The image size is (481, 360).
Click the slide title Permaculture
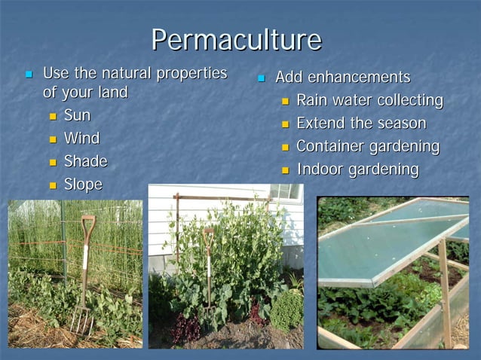[x=236, y=39]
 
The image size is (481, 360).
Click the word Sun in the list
[x=77, y=116]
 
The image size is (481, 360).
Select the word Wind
[x=81, y=139]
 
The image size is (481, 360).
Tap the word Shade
[x=85, y=161]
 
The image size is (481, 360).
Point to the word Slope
[x=83, y=185]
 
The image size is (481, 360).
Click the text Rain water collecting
[x=369, y=100]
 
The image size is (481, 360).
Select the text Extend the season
[x=361, y=123]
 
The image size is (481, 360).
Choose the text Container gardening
[x=368, y=146]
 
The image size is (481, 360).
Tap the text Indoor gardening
[x=357, y=169]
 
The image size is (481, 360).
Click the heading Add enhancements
[x=342, y=77]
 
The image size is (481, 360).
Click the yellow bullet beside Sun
[x=53, y=117]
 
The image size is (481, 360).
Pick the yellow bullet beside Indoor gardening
[x=286, y=170]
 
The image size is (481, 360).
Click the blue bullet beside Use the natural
[x=29, y=75]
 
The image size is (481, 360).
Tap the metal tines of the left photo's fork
[x=81, y=320]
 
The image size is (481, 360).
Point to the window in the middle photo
[x=286, y=191]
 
